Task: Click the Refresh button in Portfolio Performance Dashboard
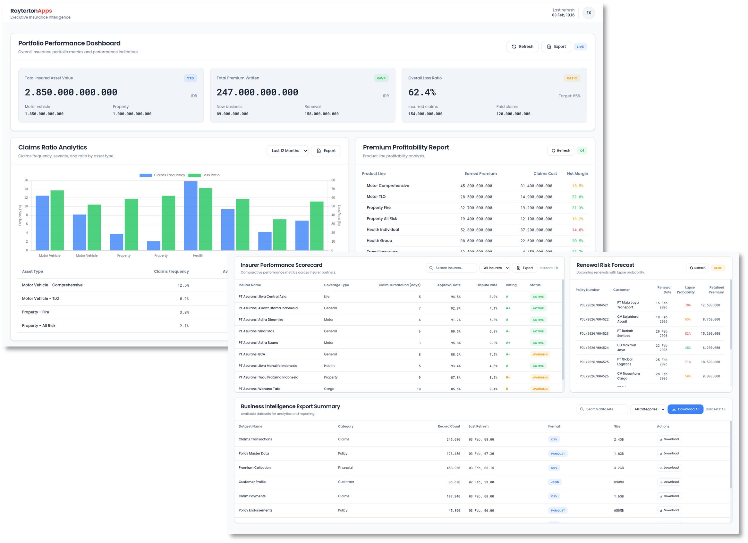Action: (522, 46)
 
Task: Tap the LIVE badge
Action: (580, 47)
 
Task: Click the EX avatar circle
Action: (588, 13)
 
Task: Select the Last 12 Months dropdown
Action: (287, 151)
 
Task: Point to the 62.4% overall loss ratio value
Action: (422, 92)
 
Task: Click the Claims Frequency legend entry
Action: (162, 175)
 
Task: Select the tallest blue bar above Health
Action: (191, 215)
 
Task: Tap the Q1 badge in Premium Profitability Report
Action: (582, 151)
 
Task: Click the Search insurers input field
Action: (452, 268)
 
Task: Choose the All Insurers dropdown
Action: (494, 268)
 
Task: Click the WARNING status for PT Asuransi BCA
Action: (540, 355)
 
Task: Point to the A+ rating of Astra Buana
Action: (508, 343)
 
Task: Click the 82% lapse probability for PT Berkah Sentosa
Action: (687, 334)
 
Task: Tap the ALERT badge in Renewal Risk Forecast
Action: (718, 268)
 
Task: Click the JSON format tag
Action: (555, 482)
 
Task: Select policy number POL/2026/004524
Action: (594, 348)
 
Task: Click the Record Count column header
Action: (448, 426)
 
